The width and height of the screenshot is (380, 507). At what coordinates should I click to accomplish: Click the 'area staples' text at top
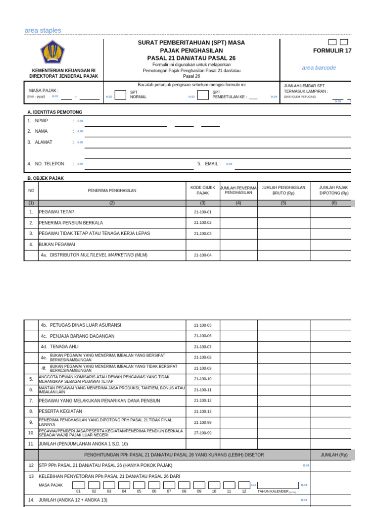click(x=43, y=31)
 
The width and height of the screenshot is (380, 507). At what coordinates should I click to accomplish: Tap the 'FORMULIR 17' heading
click(x=332, y=51)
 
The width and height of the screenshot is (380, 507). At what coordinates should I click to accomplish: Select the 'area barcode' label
click(x=319, y=68)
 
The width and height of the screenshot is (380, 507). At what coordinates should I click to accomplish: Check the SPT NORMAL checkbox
click(x=120, y=95)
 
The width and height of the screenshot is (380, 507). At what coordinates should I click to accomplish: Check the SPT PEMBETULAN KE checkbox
click(x=203, y=95)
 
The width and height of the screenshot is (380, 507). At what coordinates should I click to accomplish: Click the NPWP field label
click(x=42, y=121)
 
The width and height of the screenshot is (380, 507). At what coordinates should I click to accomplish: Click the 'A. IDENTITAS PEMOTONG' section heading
click(x=55, y=112)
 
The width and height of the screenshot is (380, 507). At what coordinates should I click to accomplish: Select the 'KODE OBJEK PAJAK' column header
click(x=203, y=190)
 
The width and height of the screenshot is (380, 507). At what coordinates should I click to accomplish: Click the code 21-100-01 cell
click(x=203, y=212)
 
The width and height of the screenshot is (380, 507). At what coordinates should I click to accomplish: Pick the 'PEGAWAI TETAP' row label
click(x=56, y=212)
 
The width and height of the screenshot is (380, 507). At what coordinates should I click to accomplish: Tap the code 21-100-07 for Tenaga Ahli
click(x=203, y=347)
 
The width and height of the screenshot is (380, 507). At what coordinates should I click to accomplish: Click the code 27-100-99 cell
click(x=203, y=433)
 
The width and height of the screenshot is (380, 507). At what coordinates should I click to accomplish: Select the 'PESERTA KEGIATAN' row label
click(x=60, y=411)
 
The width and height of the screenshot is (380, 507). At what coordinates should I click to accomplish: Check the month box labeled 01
click(x=78, y=485)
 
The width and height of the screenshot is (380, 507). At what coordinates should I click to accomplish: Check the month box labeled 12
click(x=244, y=485)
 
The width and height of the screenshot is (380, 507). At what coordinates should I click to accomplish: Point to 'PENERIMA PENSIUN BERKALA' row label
click(x=71, y=223)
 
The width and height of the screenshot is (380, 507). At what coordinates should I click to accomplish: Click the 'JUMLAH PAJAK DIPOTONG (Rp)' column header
click(x=333, y=190)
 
